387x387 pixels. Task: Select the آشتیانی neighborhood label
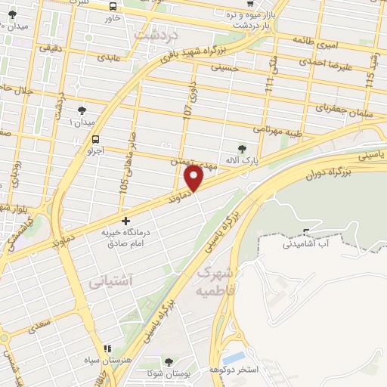point(110,282)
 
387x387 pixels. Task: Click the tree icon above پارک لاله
point(243,148)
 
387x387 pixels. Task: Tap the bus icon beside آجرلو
point(95,139)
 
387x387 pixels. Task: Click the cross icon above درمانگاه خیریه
point(125,221)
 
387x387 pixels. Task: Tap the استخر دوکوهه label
point(258,370)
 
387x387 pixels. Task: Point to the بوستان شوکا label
point(168,374)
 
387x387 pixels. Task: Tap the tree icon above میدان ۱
point(81,110)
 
